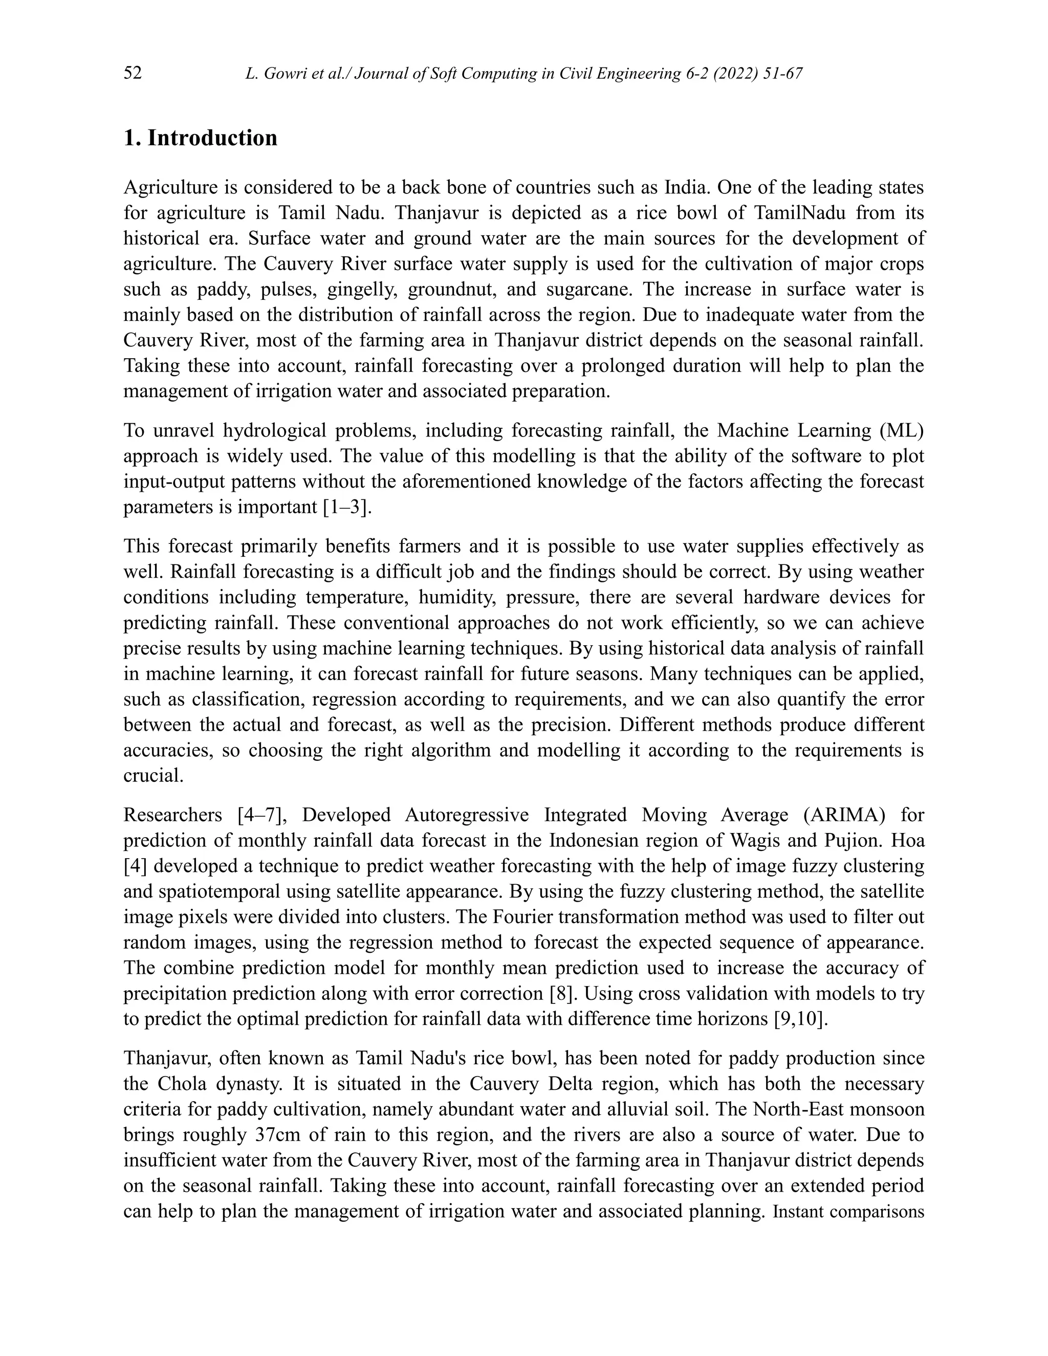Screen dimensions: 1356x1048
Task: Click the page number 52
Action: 133,73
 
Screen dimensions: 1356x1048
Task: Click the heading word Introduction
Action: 212,138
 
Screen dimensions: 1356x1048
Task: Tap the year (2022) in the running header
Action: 739,74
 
